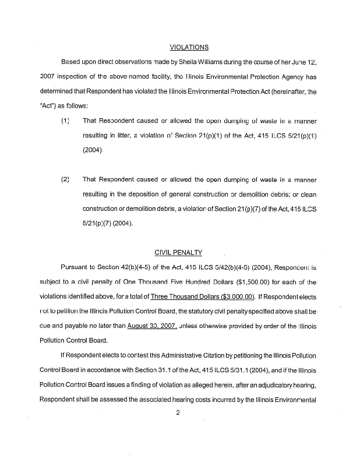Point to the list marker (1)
click(x=65, y=121)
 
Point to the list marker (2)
click(x=65, y=180)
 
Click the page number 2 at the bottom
click(x=179, y=412)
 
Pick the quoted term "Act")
click(x=50, y=105)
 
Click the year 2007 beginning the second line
click(x=47, y=76)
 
